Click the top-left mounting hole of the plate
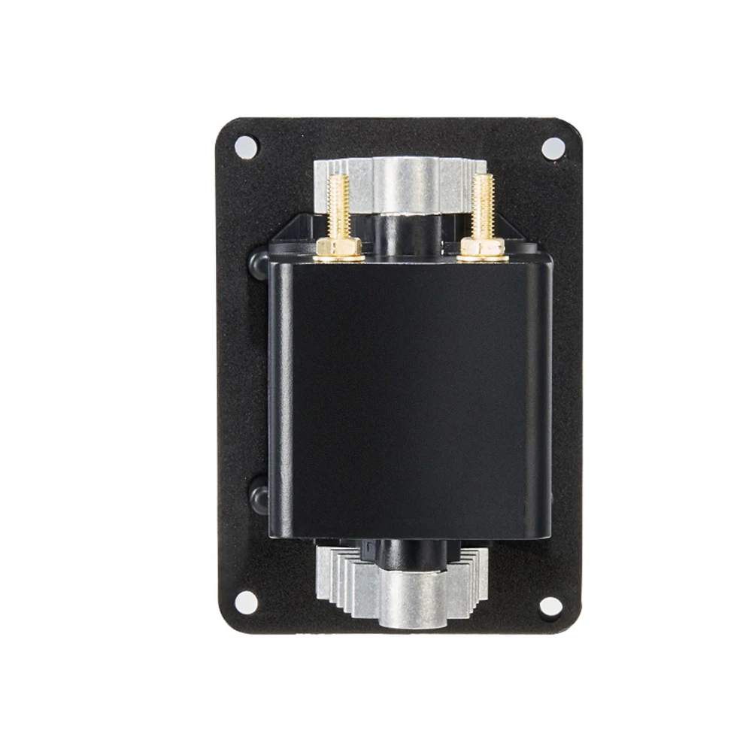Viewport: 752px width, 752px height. [245, 145]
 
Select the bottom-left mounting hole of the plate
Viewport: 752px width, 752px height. [245, 602]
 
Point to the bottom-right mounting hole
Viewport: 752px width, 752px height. [551, 605]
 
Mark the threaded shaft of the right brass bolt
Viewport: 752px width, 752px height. [482, 205]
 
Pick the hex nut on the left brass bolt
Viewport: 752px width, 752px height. [338, 247]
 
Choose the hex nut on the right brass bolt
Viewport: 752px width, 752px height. [482, 247]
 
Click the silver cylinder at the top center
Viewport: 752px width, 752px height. [408, 184]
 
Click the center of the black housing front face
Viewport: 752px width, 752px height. [410, 399]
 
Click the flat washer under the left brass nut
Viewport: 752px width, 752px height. [338, 258]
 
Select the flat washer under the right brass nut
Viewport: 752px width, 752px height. [482, 258]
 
